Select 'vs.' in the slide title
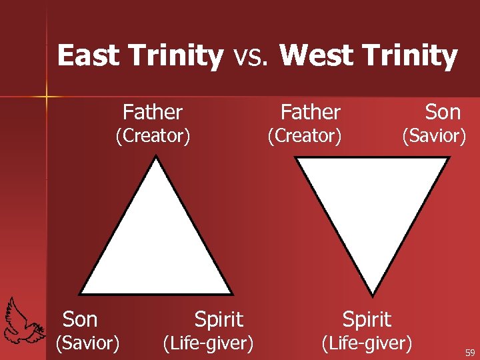(251, 57)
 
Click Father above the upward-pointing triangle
(153, 111)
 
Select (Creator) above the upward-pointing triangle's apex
(153, 136)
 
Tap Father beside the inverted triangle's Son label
(310, 111)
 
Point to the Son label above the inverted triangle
(443, 111)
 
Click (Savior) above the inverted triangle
(433, 136)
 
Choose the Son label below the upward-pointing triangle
(80, 319)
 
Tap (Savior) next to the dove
(87, 343)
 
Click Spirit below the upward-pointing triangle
(219, 319)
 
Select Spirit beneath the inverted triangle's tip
(367, 319)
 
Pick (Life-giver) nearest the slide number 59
(367, 343)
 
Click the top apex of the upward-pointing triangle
(156, 158)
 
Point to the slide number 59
(470, 353)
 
